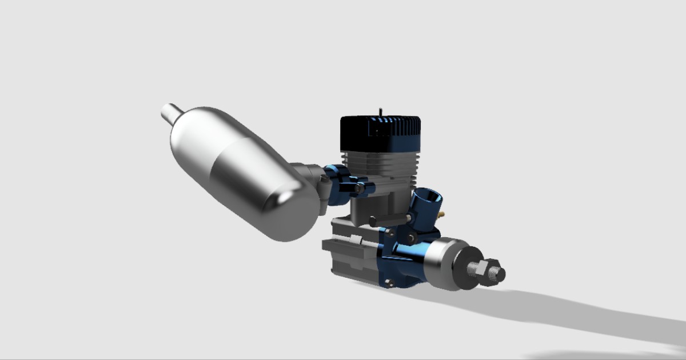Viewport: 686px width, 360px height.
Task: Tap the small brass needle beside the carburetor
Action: tap(442, 214)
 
